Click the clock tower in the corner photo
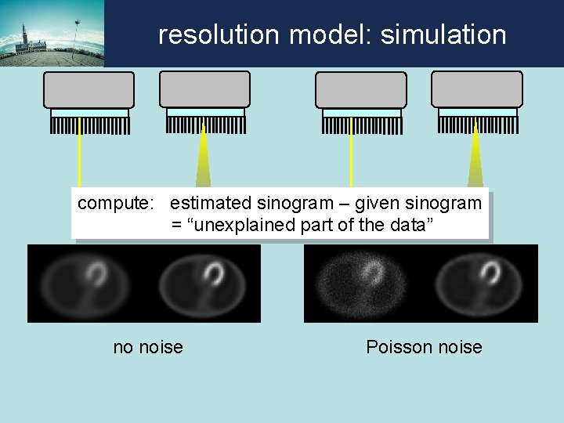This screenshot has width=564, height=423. (x=24, y=35)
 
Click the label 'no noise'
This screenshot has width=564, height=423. (x=148, y=347)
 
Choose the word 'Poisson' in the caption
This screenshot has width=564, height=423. (x=397, y=347)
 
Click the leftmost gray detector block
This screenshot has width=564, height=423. (x=89, y=90)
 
